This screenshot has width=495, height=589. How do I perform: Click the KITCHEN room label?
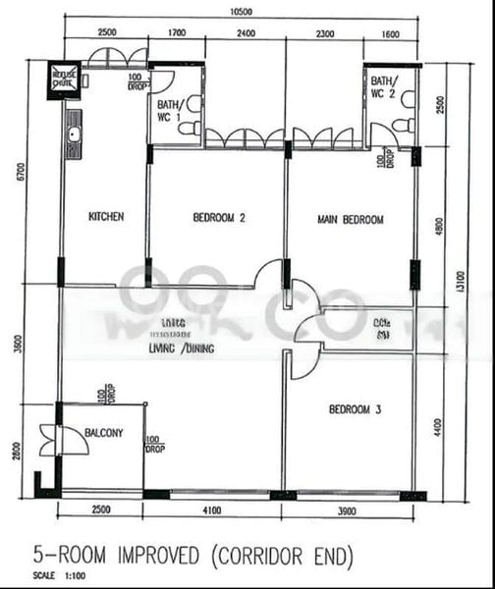(105, 218)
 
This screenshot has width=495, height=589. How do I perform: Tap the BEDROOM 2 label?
(218, 218)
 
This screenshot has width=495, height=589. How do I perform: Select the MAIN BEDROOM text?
(351, 219)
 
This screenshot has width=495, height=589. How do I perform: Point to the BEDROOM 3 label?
(355, 410)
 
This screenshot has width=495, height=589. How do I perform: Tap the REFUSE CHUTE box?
(66, 78)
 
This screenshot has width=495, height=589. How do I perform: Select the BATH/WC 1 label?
(170, 111)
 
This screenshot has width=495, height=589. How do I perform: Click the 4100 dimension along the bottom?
(212, 511)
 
